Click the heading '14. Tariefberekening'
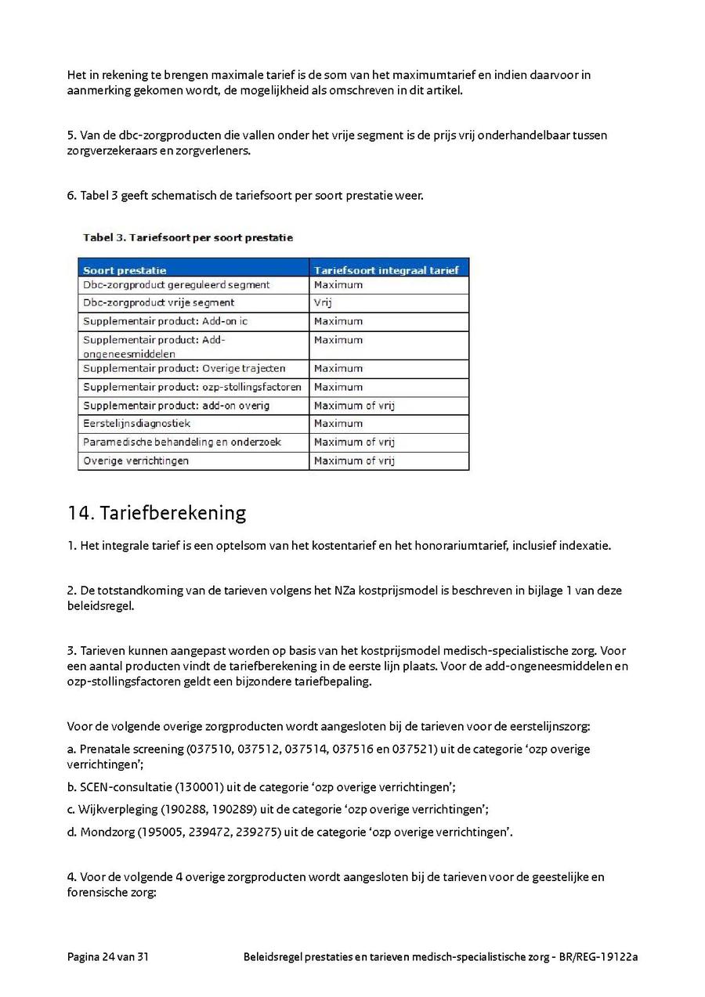157,513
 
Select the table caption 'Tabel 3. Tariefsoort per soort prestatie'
188,237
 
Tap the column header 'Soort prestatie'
125,270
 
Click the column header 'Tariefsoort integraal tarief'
385,270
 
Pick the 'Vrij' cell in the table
323,303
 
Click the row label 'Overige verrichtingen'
136,461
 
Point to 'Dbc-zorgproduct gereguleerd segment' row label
176,285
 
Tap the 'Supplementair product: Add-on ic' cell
165,322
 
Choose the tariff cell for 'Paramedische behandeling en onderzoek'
354,443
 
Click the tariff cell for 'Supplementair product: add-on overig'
354,406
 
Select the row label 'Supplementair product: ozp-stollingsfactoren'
192,387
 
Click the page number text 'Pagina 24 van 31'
108,957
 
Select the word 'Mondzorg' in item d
107,833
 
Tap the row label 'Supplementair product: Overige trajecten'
184,369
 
